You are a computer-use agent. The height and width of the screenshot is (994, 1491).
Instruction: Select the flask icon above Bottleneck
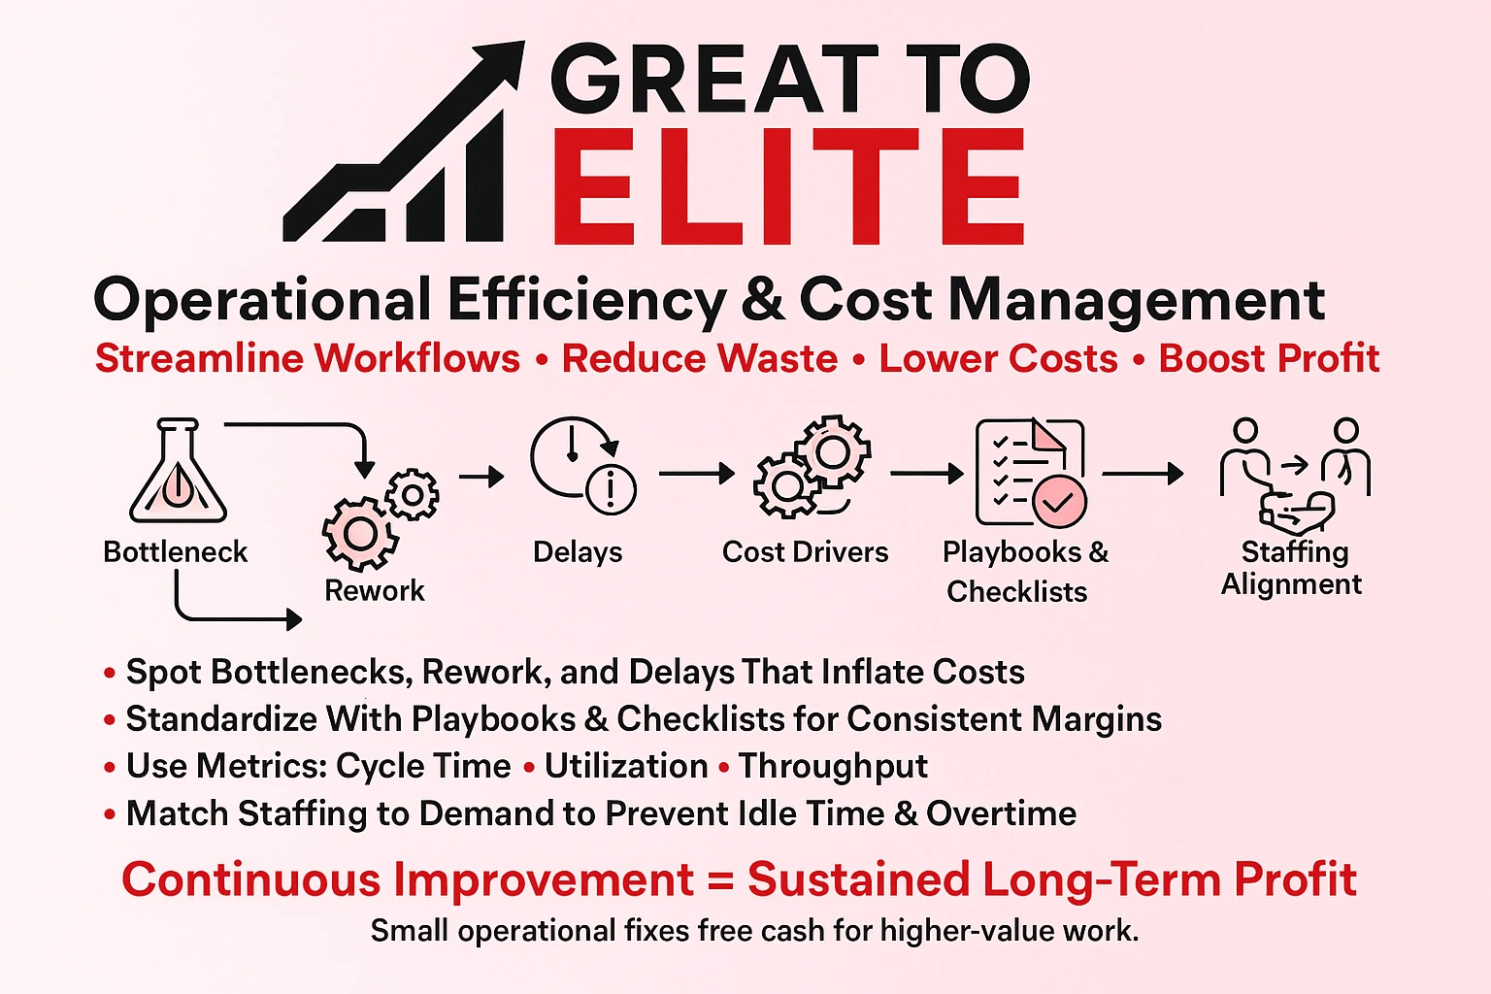[178, 473]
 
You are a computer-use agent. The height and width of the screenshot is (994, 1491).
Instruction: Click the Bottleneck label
[176, 552]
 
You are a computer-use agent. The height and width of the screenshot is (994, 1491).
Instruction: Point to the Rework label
[375, 591]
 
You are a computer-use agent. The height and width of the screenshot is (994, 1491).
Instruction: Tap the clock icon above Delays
[581, 465]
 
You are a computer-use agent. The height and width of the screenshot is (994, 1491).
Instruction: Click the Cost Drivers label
[805, 552]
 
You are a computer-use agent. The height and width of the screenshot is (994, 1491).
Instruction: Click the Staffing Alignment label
[1293, 568]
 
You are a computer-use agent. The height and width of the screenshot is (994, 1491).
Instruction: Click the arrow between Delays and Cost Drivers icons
[696, 474]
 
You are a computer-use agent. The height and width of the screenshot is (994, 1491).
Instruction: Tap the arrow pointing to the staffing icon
[1143, 474]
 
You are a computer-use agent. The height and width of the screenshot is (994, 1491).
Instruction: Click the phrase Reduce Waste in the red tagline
[700, 359]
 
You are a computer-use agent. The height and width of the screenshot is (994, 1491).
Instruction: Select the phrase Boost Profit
[1269, 359]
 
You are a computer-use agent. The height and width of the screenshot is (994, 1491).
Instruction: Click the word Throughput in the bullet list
[833, 767]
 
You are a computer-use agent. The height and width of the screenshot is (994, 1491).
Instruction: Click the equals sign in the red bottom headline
[719, 880]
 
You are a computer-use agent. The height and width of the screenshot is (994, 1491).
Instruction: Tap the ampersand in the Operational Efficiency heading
[763, 300]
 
